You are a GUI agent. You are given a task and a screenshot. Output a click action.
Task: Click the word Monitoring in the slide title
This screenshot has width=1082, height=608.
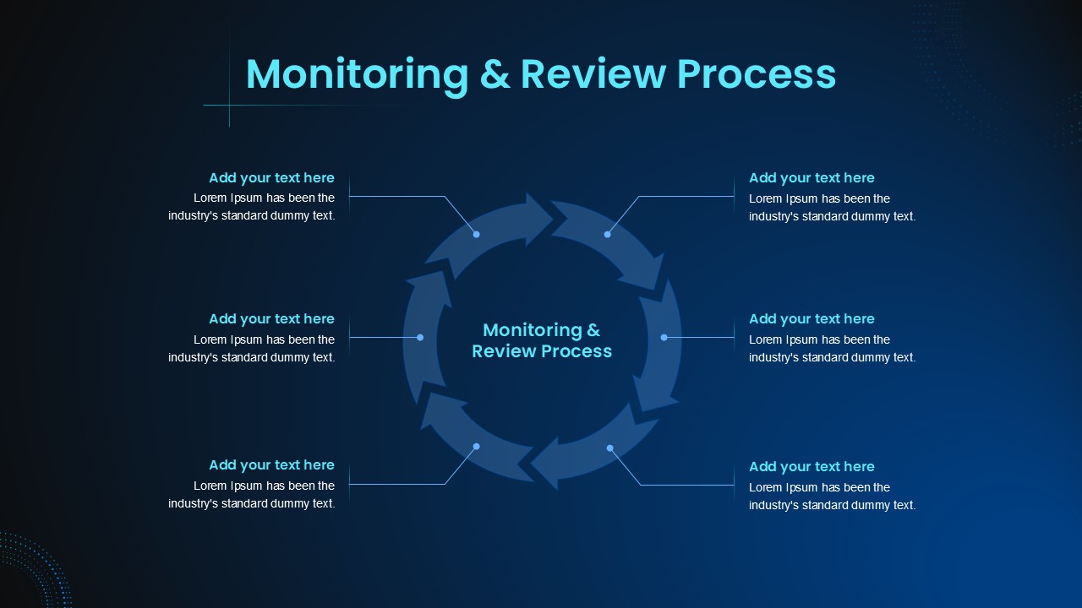[358, 75]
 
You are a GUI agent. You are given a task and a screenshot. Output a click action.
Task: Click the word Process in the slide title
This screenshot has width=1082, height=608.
[757, 75]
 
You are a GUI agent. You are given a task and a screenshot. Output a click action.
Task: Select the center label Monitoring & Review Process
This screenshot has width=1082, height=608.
[542, 340]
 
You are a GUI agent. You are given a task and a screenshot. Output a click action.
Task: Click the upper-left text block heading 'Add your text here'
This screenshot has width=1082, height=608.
[271, 178]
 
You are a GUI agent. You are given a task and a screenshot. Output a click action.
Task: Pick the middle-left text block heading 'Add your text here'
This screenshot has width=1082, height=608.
[271, 319]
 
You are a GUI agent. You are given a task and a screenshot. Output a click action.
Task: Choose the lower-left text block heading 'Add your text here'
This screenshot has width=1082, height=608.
[271, 465]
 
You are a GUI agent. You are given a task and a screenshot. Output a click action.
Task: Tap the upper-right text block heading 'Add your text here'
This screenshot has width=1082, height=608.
[811, 178]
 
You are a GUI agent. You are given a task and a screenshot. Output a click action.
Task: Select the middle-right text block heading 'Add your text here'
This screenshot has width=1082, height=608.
[811, 319]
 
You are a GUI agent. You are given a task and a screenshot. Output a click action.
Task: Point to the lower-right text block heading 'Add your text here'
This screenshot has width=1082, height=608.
[811, 467]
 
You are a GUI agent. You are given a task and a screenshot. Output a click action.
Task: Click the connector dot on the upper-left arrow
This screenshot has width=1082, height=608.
[476, 235]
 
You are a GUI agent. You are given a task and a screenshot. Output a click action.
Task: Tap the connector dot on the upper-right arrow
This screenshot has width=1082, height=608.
[607, 235]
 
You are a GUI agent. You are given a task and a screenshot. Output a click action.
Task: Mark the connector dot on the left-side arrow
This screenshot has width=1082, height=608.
[420, 337]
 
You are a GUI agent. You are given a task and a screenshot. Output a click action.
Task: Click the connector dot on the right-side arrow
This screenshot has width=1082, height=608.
[664, 337]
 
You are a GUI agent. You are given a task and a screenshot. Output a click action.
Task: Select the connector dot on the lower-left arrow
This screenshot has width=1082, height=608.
[476, 447]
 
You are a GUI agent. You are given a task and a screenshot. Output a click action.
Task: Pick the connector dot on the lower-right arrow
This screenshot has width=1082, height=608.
[610, 448]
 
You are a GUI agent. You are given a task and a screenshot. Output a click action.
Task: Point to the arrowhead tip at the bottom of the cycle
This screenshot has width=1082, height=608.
[531, 464]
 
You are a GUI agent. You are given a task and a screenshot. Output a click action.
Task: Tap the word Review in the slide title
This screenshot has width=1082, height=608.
[593, 75]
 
